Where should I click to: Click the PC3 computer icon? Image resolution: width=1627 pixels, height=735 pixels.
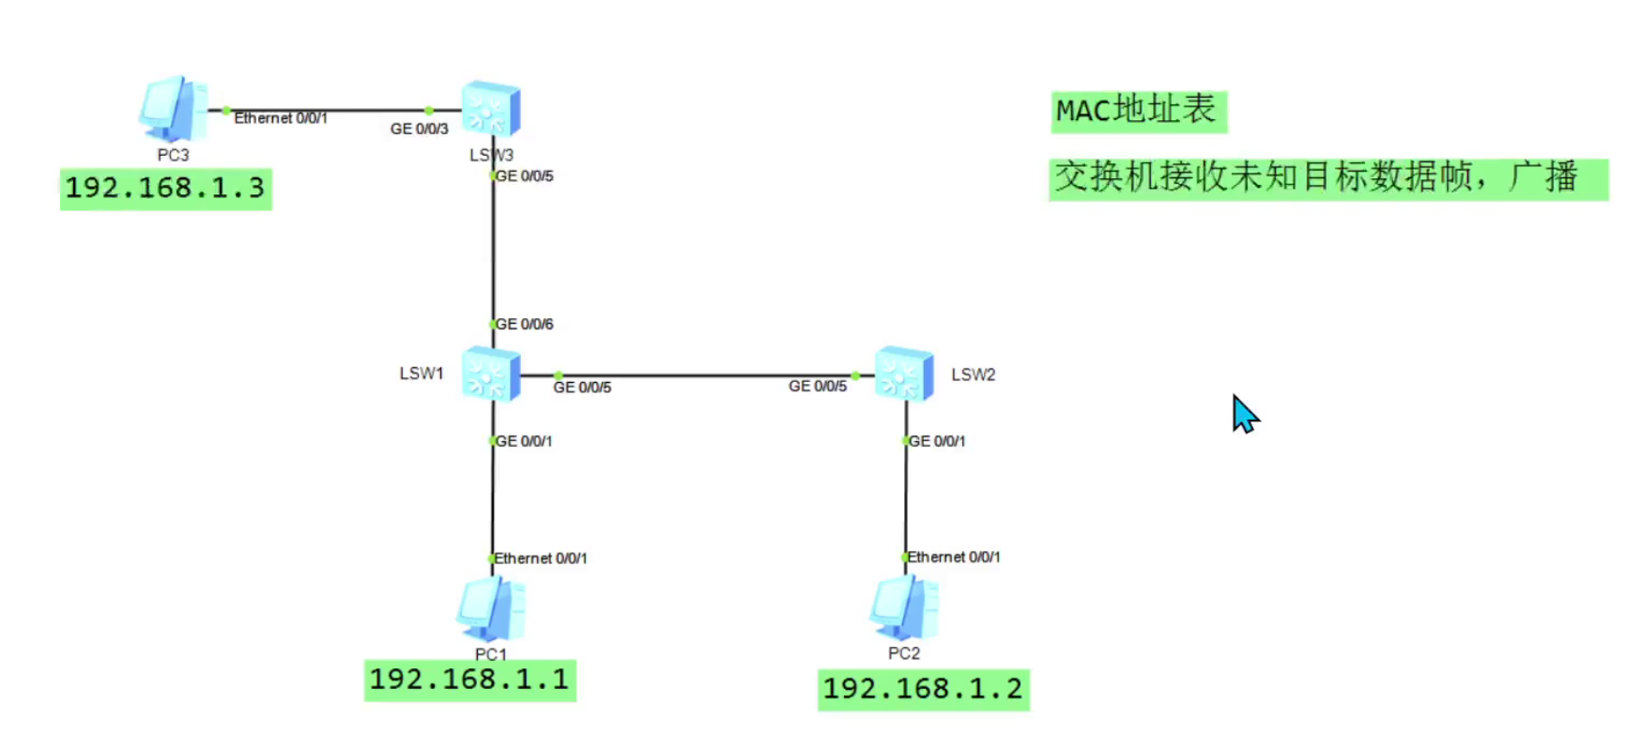174,108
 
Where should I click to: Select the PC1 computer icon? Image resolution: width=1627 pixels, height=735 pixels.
491,608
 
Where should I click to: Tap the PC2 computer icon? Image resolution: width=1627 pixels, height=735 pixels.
904,607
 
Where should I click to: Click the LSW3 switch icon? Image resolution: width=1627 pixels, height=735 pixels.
491,109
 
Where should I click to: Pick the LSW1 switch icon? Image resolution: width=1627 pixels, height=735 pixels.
491,374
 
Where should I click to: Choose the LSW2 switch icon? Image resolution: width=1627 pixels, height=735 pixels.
904,374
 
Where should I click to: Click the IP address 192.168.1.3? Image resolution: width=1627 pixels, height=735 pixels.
165,189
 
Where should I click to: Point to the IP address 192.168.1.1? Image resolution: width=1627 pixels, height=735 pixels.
469,680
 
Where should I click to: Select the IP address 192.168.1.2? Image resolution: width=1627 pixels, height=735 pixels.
923,689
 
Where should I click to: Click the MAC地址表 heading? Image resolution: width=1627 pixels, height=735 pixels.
1137,111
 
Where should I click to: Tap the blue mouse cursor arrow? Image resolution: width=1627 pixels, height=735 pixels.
1244,413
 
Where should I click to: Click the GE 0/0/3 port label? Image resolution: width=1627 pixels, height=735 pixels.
419,129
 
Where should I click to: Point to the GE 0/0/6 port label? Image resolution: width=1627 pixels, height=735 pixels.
524,324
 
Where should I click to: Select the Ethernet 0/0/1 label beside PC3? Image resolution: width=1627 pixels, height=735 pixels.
281,118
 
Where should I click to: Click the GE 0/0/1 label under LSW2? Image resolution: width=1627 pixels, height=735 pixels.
936,441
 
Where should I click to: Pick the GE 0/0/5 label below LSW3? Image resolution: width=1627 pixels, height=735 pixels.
524,176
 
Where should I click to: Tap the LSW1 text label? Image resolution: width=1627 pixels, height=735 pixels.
422,374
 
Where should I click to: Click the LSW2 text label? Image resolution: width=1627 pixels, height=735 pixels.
973,375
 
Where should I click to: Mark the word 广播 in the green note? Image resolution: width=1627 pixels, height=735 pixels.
1543,177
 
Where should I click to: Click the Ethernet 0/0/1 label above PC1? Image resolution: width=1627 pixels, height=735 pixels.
541,559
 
